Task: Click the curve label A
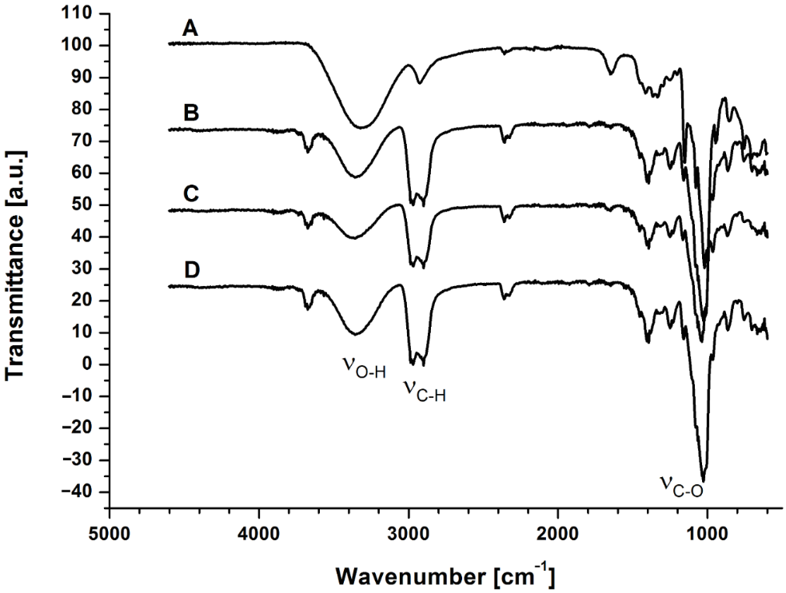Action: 190,29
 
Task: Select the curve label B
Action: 190,113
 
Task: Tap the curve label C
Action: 190,194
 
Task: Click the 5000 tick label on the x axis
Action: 110,530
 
